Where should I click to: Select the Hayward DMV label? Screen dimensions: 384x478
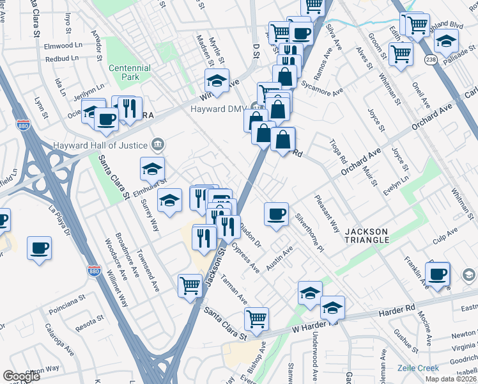219,108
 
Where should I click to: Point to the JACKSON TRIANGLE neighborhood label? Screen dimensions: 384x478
367,235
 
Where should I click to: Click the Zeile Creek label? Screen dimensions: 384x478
418,368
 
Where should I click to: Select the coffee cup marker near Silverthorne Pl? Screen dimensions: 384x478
276,213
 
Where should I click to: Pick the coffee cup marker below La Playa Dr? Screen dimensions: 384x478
39,246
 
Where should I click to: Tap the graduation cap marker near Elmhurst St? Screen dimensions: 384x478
153,169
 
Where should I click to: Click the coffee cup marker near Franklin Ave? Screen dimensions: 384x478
438,275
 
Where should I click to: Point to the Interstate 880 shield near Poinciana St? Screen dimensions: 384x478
94,271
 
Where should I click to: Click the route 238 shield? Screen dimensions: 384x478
432,58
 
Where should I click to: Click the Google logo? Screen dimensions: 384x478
21,376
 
